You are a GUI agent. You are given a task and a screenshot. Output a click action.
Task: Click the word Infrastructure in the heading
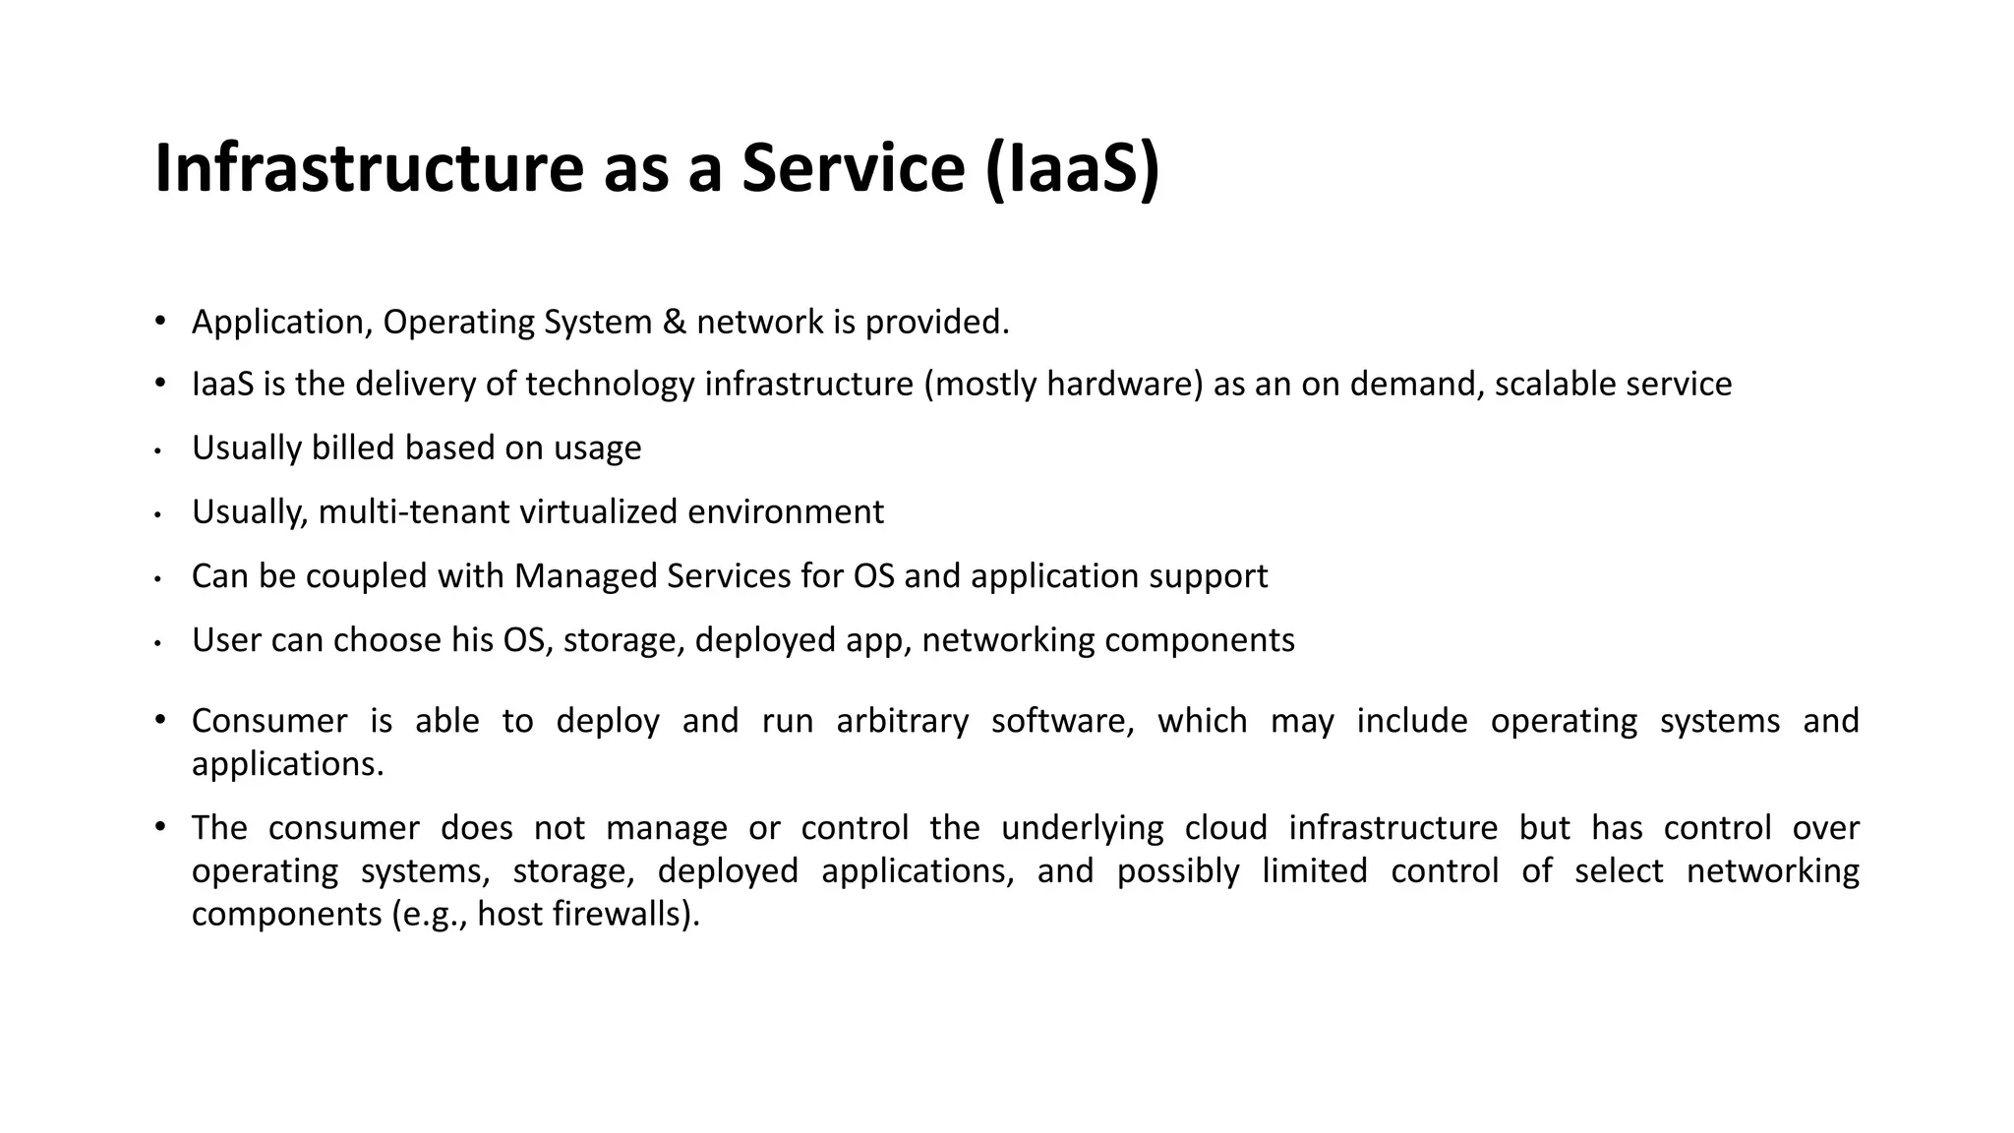click(x=370, y=168)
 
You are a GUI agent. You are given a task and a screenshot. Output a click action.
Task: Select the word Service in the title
click(x=853, y=168)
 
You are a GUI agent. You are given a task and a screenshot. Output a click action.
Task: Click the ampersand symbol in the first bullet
click(x=675, y=323)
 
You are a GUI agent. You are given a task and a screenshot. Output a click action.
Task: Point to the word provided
click(x=936, y=323)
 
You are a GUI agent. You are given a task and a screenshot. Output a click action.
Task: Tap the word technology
click(x=610, y=384)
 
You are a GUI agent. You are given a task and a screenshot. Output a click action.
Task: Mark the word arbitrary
click(x=902, y=721)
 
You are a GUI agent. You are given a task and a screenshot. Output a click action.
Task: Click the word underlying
click(x=1082, y=828)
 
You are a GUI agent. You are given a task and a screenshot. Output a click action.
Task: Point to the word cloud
click(x=1225, y=828)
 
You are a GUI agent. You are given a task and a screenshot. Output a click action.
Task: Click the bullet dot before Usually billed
click(x=157, y=451)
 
